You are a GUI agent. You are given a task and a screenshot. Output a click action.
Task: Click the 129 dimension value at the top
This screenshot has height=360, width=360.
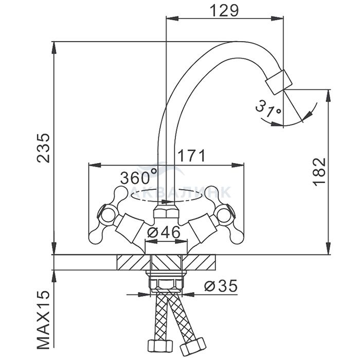tap(224, 11)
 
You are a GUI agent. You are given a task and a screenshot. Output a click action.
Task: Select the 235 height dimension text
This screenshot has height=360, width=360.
tap(43, 148)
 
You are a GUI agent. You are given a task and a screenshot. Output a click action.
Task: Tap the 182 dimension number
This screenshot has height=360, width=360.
tap(319, 171)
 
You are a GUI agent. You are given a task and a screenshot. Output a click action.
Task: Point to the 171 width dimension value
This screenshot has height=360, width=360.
tap(191, 156)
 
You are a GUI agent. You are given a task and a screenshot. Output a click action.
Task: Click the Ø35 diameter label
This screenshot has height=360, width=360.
tap(221, 286)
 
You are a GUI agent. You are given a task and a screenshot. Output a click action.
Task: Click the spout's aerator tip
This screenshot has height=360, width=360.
tap(279, 82)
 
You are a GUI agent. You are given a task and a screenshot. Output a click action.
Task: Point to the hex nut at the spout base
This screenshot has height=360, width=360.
tap(166, 212)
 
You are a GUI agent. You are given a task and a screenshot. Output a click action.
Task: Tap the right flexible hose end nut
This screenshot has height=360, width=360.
tap(193, 346)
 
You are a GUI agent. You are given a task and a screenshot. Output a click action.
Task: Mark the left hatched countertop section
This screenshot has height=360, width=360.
tap(133, 262)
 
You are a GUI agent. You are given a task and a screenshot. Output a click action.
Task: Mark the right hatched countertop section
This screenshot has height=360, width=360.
tap(199, 262)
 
